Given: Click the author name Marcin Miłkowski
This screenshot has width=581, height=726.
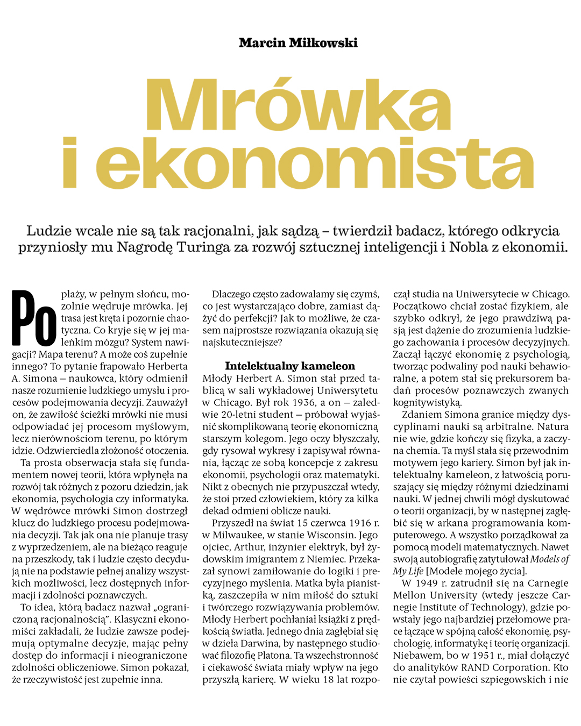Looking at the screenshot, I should coord(298,43).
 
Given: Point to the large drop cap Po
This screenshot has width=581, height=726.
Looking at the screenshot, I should coord(34,318).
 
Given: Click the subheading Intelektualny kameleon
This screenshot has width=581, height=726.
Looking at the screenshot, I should coord(290,366).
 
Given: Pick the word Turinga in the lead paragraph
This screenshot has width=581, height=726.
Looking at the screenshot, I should coord(203,247).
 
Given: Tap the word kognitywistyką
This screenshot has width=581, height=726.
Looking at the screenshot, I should coord(427,402).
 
